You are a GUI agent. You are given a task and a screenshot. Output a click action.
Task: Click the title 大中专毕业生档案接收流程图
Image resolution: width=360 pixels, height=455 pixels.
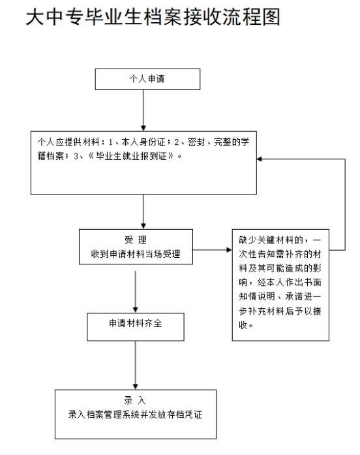[153, 16]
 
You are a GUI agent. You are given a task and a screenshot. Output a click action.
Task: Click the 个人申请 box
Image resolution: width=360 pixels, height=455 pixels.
[147, 79]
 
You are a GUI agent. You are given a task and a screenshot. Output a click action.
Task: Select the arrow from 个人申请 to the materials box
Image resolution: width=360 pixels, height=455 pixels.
[143, 110]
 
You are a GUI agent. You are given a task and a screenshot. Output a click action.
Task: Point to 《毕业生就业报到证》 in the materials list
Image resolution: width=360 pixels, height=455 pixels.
[131, 156]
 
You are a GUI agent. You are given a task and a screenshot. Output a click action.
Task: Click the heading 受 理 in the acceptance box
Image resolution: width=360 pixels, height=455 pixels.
[136, 240]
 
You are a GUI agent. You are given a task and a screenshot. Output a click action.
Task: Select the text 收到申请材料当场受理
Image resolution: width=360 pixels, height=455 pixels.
[136, 254]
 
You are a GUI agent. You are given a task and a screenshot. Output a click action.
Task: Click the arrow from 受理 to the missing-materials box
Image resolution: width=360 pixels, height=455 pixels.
[212, 249]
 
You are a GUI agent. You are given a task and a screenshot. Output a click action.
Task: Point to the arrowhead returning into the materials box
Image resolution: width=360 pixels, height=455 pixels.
[259, 159]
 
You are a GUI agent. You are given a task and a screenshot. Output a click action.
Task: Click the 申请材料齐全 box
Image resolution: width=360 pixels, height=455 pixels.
[136, 327]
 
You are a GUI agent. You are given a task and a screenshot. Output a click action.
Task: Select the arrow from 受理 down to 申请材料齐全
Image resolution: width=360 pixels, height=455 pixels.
[136, 292]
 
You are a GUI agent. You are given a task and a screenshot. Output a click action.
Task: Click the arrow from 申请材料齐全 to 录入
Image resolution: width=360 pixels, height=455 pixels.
[136, 365]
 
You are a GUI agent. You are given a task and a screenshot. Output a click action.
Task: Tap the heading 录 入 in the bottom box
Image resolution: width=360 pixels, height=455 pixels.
[135, 400]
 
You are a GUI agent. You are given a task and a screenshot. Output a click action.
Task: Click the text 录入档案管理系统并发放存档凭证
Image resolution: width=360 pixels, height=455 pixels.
[136, 415]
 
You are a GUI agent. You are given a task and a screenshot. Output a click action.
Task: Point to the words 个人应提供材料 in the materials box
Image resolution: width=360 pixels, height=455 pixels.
[68, 142]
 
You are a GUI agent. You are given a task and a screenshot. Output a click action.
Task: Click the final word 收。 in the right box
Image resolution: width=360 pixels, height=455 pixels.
[246, 325]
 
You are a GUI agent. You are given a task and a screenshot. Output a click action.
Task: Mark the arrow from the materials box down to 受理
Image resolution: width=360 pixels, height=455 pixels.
[143, 212]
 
